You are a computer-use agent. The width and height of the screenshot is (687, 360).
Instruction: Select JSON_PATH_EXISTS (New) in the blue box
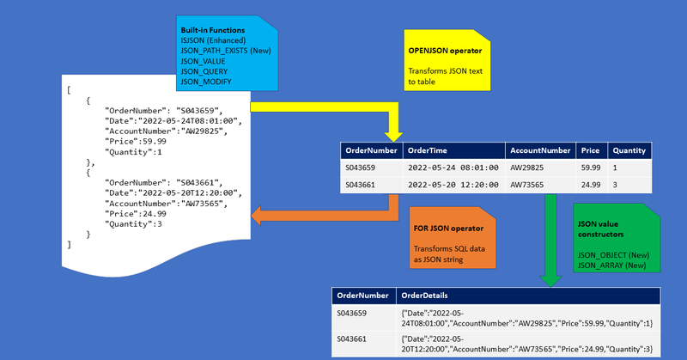click(x=225, y=52)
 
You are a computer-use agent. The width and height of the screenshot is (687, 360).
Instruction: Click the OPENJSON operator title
click(x=444, y=52)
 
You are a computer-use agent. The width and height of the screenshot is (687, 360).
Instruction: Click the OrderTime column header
click(x=426, y=150)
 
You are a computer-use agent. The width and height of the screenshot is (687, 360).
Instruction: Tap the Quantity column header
click(x=629, y=150)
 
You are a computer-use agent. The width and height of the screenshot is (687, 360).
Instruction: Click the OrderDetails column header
click(x=426, y=296)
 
